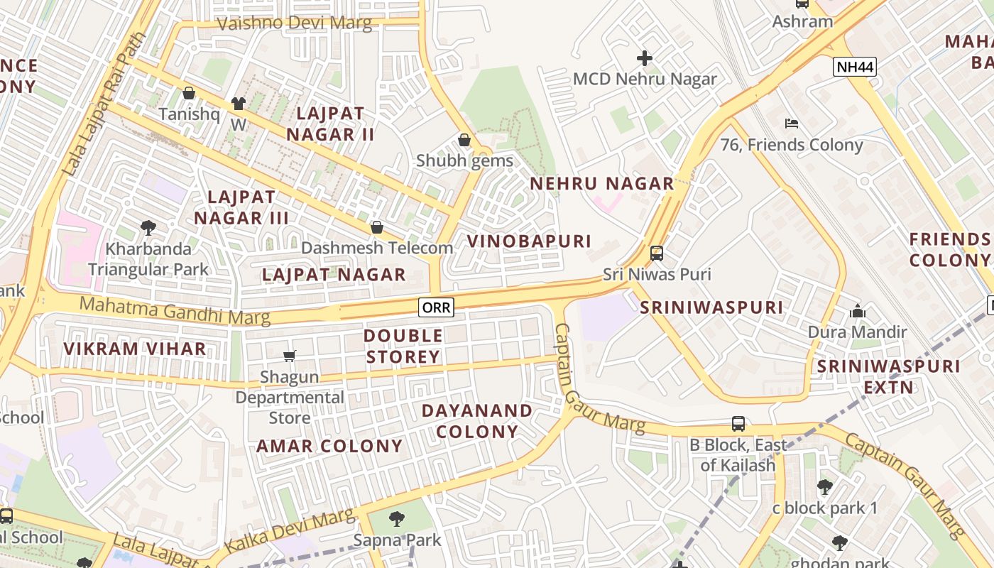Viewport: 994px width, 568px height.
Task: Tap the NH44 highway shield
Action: pyautogui.click(x=856, y=67)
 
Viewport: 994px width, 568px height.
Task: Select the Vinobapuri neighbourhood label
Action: pyautogui.click(x=529, y=241)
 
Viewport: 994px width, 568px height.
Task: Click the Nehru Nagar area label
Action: pyautogui.click(x=602, y=183)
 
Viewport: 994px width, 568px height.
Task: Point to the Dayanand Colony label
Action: pyautogui.click(x=477, y=421)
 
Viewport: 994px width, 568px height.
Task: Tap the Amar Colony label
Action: pyautogui.click(x=329, y=446)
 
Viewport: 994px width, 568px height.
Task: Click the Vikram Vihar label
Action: pyautogui.click(x=135, y=349)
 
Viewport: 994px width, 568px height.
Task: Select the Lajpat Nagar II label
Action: pyautogui.click(x=329, y=124)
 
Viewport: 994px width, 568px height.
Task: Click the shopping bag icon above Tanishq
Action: pyautogui.click(x=189, y=93)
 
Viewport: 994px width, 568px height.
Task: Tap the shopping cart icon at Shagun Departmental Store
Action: pyautogui.click(x=289, y=356)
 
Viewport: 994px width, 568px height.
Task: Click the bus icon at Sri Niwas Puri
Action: pyautogui.click(x=657, y=253)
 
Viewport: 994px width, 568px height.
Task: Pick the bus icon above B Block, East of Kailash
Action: pyautogui.click(x=738, y=424)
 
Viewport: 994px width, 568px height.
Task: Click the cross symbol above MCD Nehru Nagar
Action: pyautogui.click(x=645, y=58)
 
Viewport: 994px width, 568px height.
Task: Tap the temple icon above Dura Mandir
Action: pyautogui.click(x=858, y=311)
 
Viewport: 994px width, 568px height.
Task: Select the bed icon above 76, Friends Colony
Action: pyautogui.click(x=792, y=124)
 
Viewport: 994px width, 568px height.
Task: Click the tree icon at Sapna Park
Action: pyautogui.click(x=397, y=519)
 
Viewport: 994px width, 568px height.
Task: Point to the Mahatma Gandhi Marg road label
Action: pyautogui.click(x=175, y=311)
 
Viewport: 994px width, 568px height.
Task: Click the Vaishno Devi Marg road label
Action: pyautogui.click(x=294, y=23)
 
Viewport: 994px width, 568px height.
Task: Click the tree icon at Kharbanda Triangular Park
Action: pyautogui.click(x=148, y=228)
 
